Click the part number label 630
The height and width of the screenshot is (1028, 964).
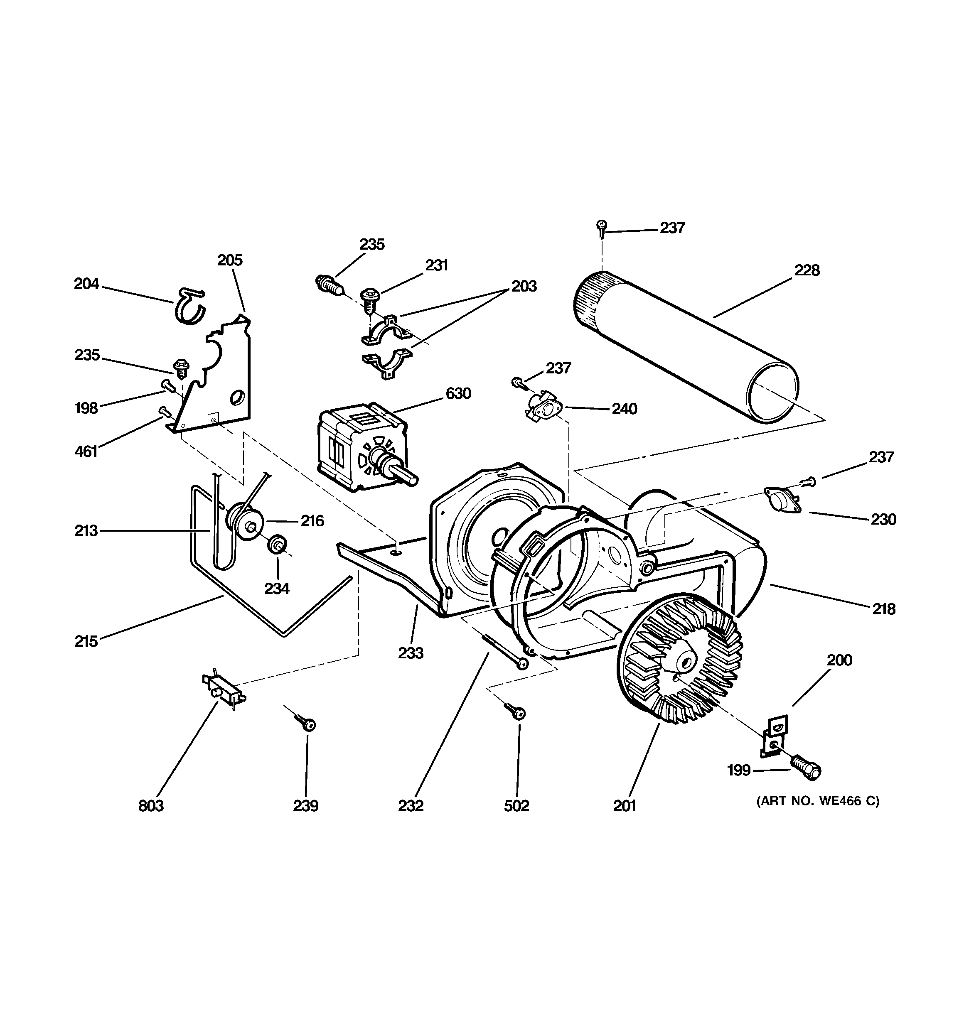tap(458, 394)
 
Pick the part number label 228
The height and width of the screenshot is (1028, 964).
tap(807, 270)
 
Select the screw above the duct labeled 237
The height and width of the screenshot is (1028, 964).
tap(601, 228)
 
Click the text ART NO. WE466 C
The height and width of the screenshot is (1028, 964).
tap(818, 801)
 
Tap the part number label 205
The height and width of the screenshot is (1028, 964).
tap(230, 260)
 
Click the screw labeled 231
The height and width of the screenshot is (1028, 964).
tap(371, 299)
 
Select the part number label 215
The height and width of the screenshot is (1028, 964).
tap(86, 642)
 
